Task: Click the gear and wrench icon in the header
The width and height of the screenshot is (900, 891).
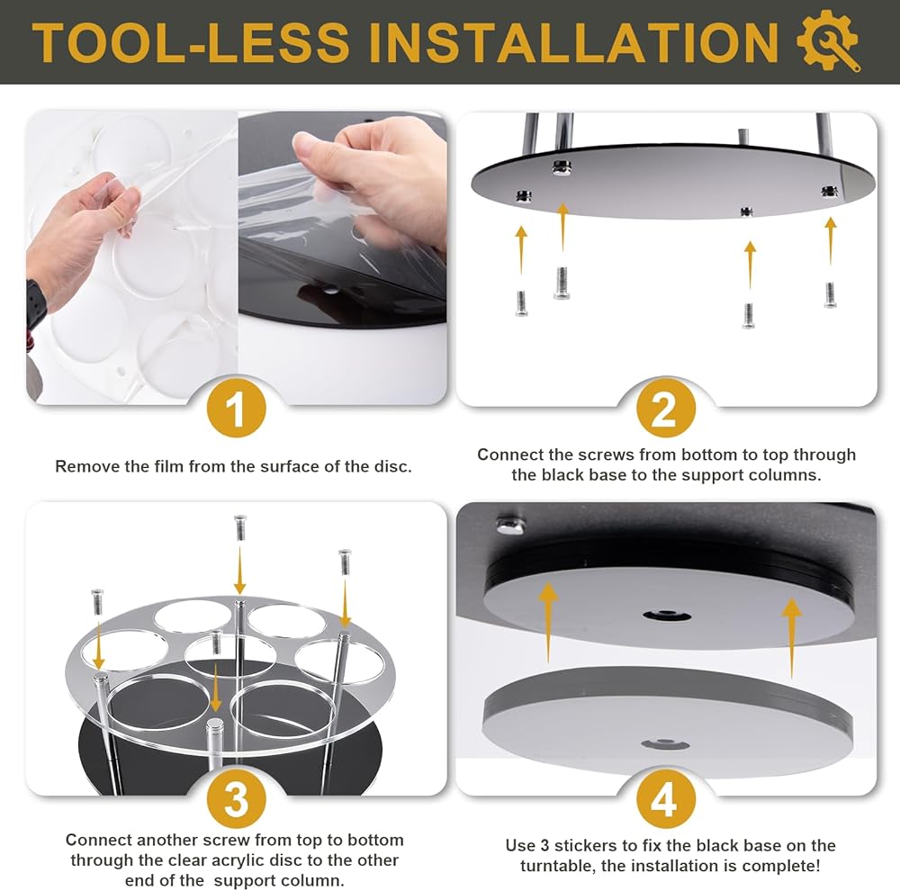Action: (828, 40)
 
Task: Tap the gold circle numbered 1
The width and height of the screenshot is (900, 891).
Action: (236, 409)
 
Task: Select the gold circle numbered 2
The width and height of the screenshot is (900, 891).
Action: (666, 409)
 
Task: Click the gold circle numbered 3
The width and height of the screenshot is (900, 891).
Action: (236, 798)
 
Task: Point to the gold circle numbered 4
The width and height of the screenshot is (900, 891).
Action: (666, 798)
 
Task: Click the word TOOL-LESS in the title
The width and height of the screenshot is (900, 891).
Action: (191, 42)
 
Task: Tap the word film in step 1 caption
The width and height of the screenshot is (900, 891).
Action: (168, 466)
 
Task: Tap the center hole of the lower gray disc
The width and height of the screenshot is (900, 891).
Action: (665, 744)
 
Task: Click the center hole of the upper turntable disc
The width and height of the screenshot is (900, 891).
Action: (666, 616)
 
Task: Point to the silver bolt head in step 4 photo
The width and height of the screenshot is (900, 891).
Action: (510, 524)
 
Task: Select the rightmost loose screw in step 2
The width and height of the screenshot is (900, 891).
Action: (830, 294)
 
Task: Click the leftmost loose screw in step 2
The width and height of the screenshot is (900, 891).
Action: (521, 303)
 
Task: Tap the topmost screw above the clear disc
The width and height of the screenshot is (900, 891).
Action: (240, 527)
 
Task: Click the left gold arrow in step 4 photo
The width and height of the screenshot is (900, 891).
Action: (548, 622)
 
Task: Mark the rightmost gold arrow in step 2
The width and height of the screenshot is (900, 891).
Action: (831, 241)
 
